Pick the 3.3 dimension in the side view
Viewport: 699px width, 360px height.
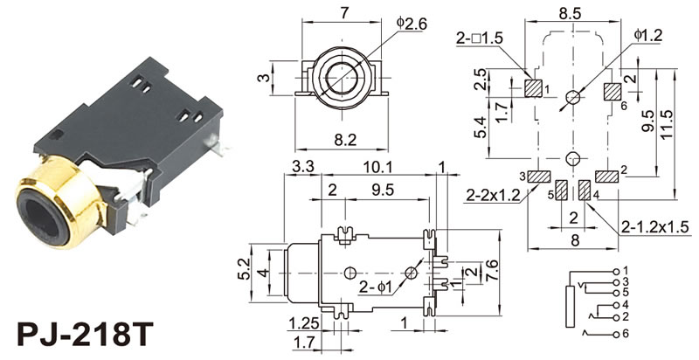coord(303,167)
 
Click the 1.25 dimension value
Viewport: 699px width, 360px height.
coord(301,322)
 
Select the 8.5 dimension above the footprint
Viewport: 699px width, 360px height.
coord(571,13)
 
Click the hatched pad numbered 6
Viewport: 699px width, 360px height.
coord(612,91)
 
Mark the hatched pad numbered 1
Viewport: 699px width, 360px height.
coord(534,89)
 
